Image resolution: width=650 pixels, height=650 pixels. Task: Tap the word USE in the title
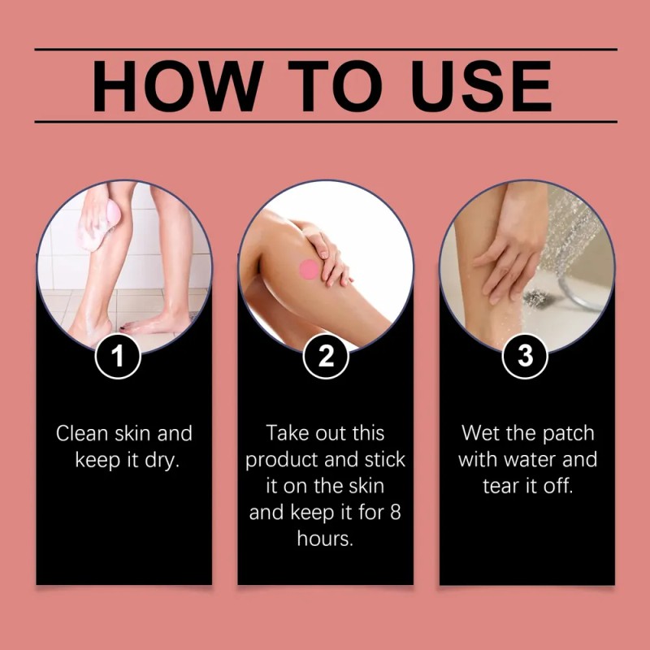pos(481,86)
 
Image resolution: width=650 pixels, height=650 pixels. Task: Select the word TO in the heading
pos(335,86)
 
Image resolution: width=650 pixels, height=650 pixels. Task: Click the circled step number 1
pos(118,356)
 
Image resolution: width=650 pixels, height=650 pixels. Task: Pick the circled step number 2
pos(326,356)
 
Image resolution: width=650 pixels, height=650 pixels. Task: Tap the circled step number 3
pos(525,356)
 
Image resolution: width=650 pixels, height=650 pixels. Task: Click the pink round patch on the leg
pos(310,269)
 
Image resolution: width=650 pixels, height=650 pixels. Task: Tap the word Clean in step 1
pos(82,433)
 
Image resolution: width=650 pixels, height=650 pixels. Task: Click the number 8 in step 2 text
pos(396,513)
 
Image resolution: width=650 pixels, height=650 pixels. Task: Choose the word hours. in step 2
pos(325,539)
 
